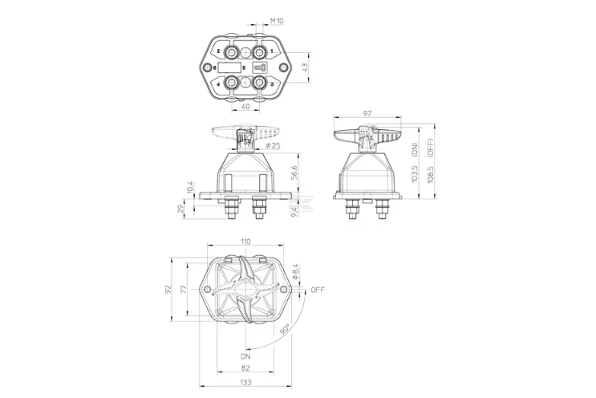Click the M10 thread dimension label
[277, 21]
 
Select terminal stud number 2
[232, 51]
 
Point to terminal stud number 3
[260, 82]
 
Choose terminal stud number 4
[232, 82]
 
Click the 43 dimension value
[305, 67]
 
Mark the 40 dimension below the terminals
[245, 107]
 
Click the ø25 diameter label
[274, 145]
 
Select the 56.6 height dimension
[294, 173]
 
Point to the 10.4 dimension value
[190, 188]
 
